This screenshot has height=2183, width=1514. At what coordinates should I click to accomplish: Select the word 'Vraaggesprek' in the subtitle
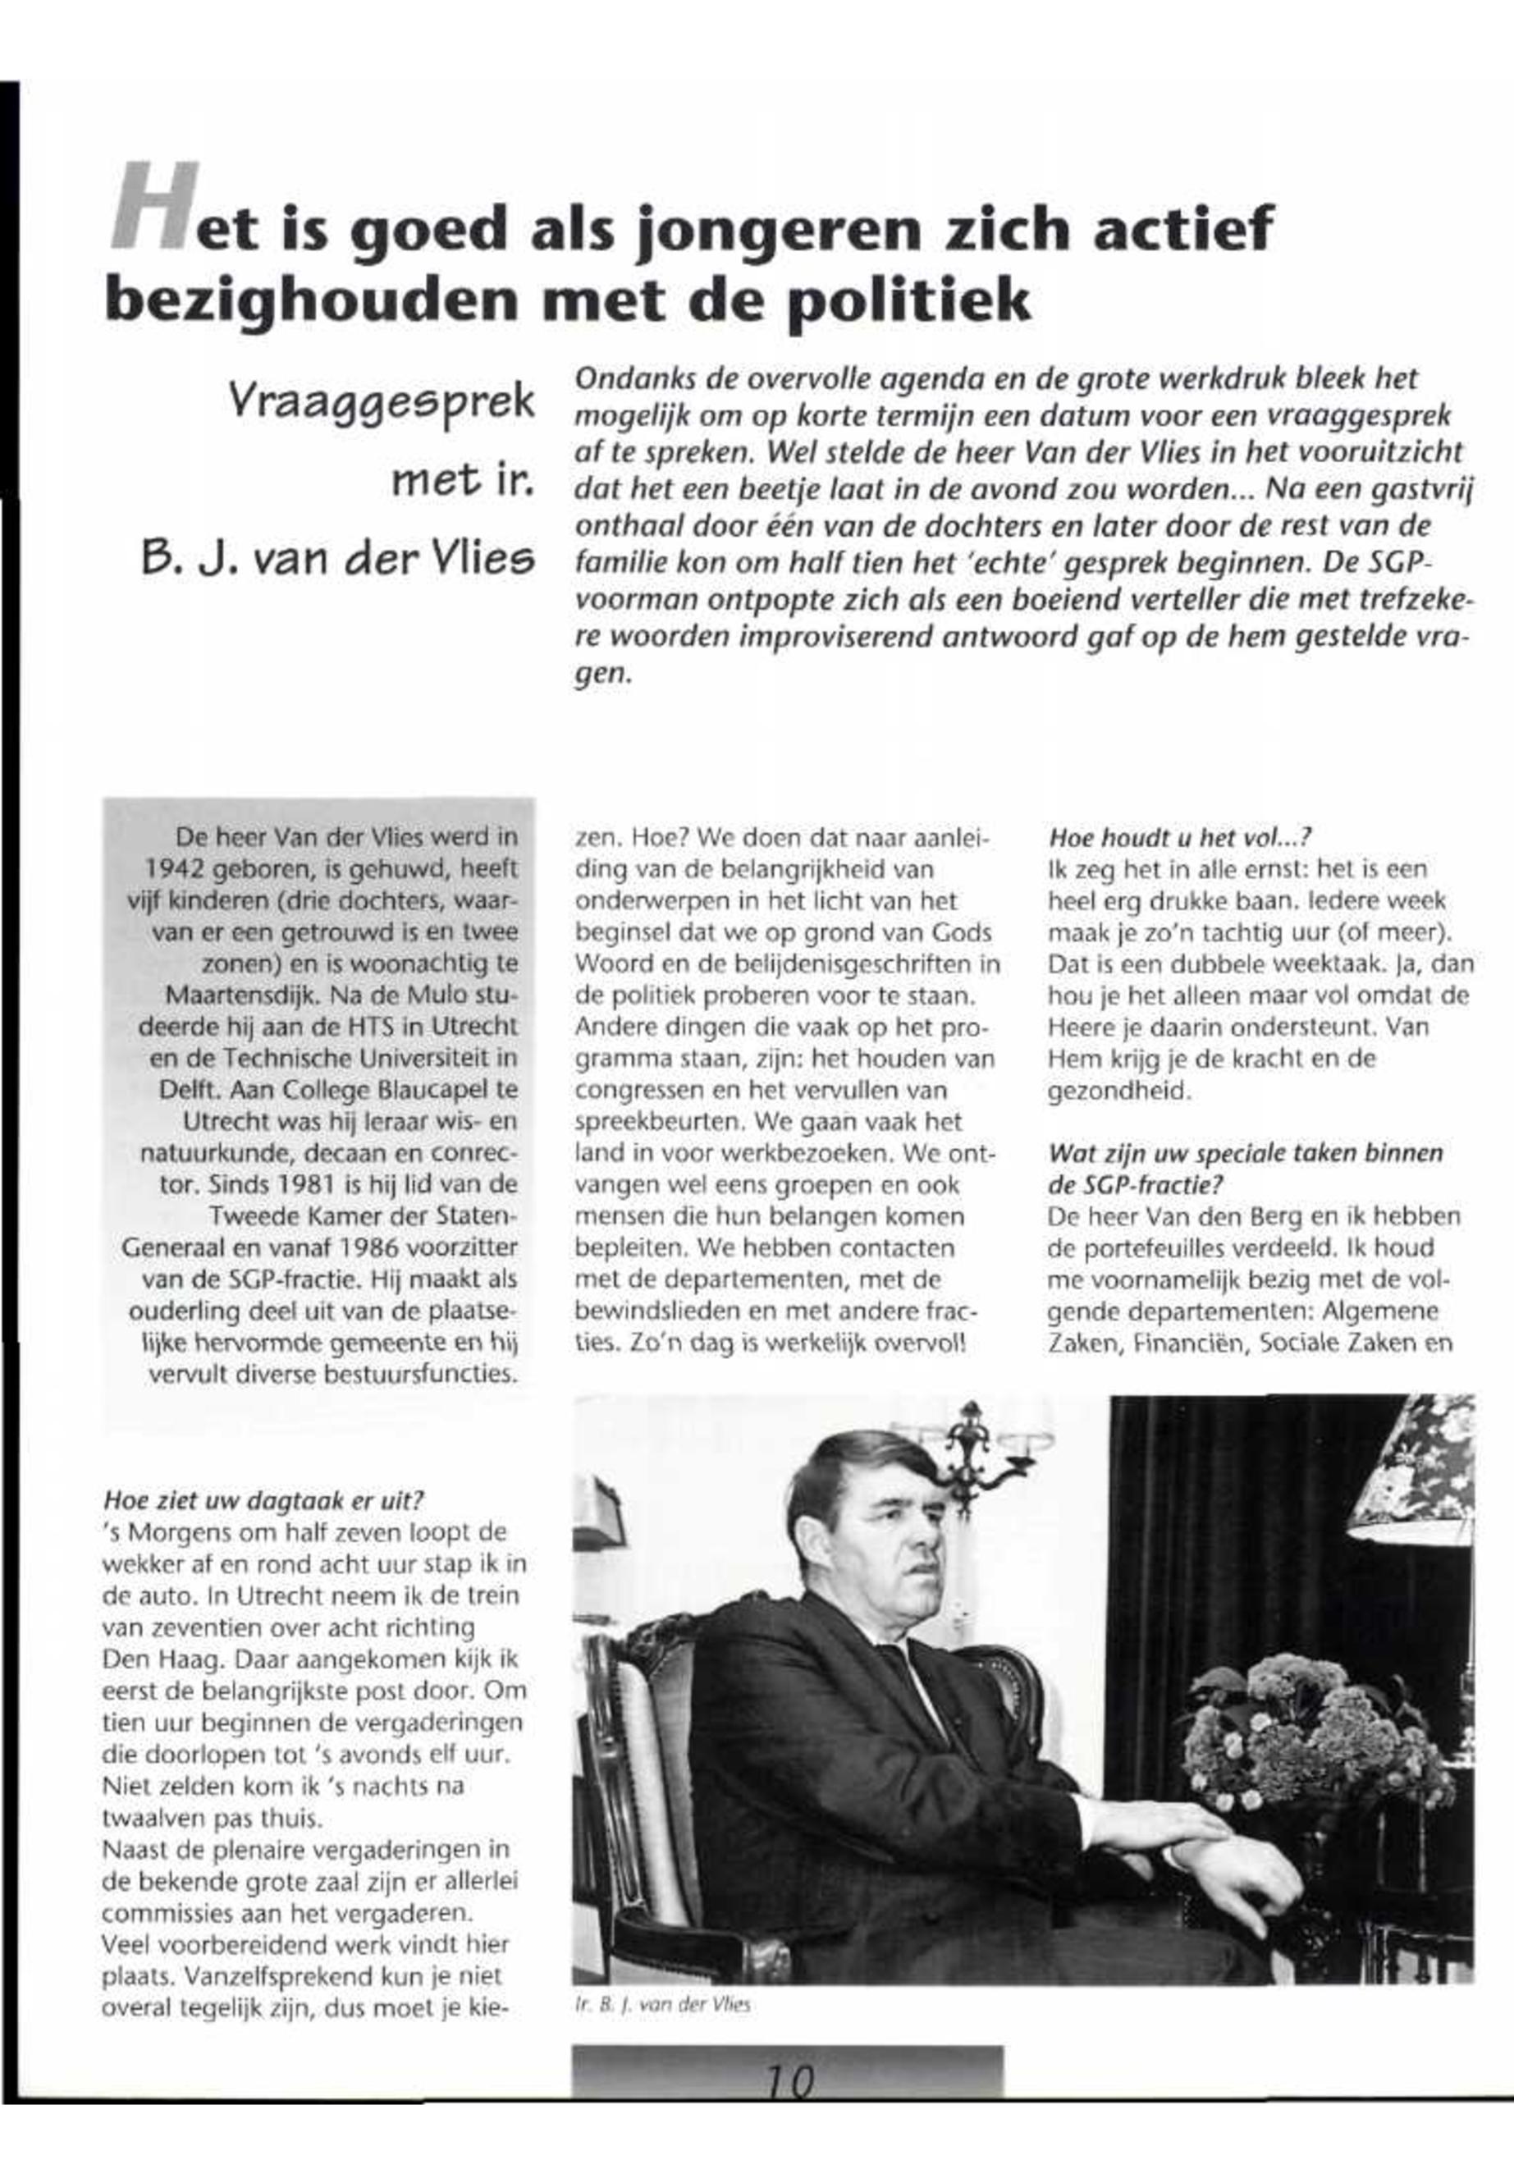(382, 401)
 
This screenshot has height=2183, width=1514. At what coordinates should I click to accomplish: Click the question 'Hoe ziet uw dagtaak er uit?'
(263, 1500)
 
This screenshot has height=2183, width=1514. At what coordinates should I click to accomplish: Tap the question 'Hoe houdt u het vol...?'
(1179, 838)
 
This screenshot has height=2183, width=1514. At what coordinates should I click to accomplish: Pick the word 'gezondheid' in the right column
(1117, 1091)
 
